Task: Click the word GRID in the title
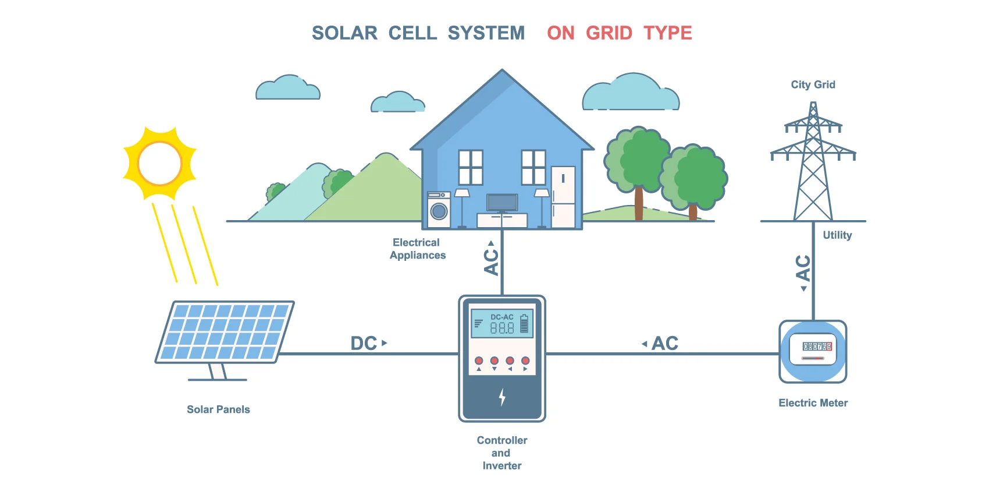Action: coord(609,33)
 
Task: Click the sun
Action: coord(159,164)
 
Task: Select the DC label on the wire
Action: coord(364,344)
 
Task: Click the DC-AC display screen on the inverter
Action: coord(501,324)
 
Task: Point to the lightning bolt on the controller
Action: coord(502,397)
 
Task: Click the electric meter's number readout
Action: coord(817,346)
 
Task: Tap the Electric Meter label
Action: coord(813,403)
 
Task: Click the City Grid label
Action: coord(813,85)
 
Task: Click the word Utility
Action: coord(837,235)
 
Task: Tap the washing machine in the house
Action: coord(439,210)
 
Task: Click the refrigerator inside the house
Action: coord(563,197)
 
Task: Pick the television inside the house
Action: coord(502,203)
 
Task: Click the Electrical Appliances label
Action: coord(417,249)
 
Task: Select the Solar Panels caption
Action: coord(218,409)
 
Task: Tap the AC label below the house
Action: coord(492,261)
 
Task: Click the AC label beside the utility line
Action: coord(803,268)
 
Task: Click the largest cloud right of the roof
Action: coord(631,93)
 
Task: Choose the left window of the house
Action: coord(471,167)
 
